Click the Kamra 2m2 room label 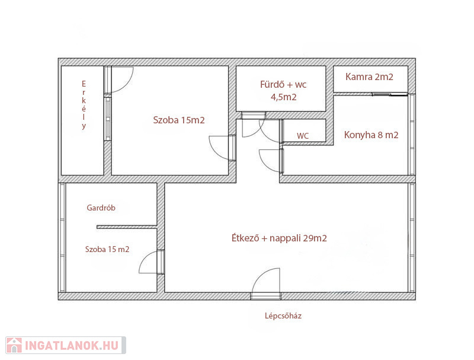tap(369, 77)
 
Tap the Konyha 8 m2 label tap(371, 135)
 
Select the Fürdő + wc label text tap(283, 84)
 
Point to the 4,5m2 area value tap(283, 97)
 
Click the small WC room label tap(303, 136)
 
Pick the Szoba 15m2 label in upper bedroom tap(179, 120)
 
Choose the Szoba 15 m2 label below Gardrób tap(107, 249)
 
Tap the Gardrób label tap(101, 208)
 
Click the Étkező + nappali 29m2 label tap(279, 238)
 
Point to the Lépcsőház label tap(283, 316)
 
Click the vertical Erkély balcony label tap(84, 104)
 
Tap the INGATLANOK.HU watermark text tap(72, 346)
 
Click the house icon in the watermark tap(14, 346)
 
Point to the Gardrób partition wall tap(127, 227)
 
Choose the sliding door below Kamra tap(390, 94)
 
